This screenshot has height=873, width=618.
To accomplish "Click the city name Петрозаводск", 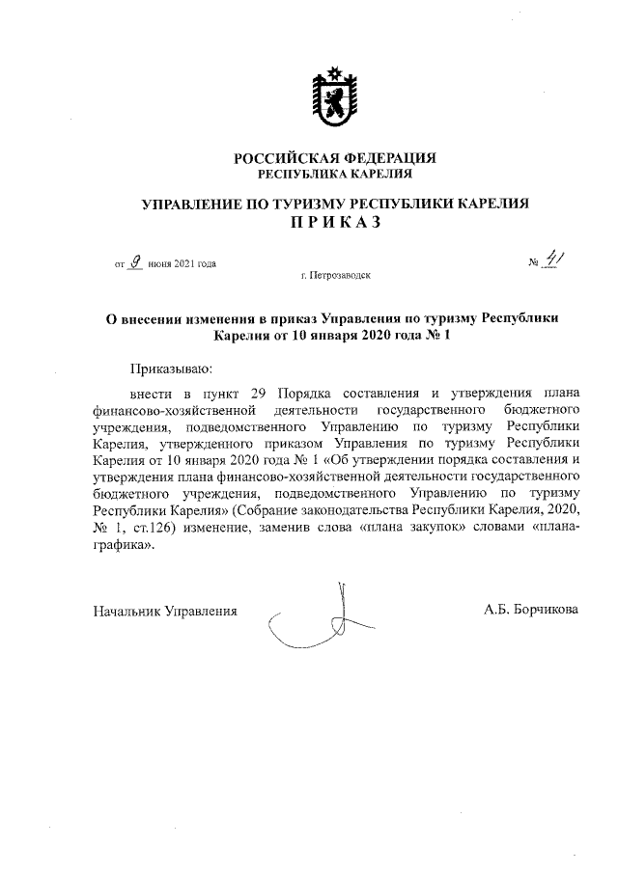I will pyautogui.click(x=338, y=276).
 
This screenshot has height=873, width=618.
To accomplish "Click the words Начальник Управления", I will pyautogui.click(x=164, y=611).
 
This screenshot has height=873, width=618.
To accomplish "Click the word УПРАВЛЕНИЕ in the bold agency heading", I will pyautogui.click(x=193, y=204).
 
